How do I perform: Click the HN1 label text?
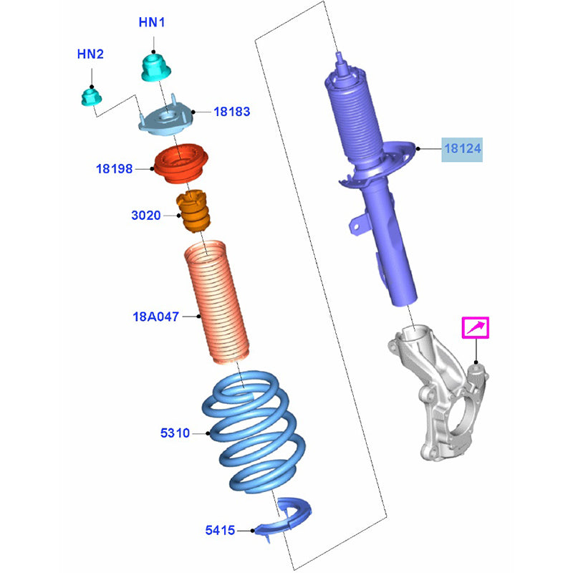click(152, 23)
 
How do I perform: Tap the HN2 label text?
click(91, 54)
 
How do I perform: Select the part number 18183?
click(231, 112)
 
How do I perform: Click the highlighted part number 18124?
click(462, 149)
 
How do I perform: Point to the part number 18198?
click(115, 169)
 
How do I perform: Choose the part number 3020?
click(146, 215)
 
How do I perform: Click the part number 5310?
click(175, 433)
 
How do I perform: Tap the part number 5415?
click(220, 531)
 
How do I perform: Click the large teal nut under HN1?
click(155, 67)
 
